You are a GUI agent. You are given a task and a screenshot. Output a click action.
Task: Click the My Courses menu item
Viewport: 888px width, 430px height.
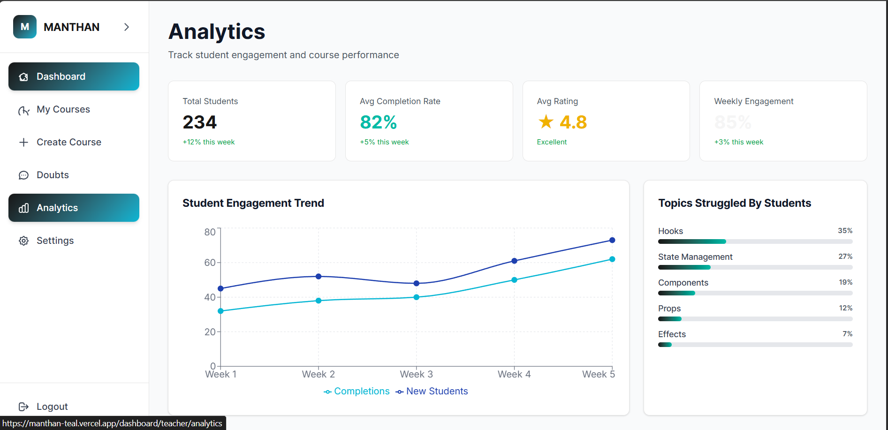pyautogui.click(x=63, y=110)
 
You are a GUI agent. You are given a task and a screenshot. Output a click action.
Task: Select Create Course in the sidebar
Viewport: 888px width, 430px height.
pyautogui.click(x=68, y=143)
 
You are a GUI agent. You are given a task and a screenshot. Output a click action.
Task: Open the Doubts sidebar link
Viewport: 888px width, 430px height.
pyautogui.click(x=53, y=175)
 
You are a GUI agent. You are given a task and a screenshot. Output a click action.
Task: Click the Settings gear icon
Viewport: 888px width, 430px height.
pyautogui.click(x=24, y=241)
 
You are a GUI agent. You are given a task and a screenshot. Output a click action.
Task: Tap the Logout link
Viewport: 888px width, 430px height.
pyautogui.click(x=52, y=407)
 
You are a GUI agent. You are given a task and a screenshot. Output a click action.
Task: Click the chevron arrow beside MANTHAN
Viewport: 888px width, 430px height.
pyautogui.click(x=127, y=27)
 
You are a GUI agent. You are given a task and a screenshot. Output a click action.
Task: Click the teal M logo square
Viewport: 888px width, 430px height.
pyautogui.click(x=25, y=27)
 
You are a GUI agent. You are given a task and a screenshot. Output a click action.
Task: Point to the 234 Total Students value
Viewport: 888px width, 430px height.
pyautogui.click(x=200, y=122)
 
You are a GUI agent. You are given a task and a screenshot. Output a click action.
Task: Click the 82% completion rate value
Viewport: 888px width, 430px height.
pyautogui.click(x=378, y=122)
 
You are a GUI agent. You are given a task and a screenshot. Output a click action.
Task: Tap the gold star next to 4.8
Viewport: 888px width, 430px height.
pyautogui.click(x=546, y=122)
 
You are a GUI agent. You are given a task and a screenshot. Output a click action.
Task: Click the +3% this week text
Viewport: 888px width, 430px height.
pyautogui.click(x=738, y=142)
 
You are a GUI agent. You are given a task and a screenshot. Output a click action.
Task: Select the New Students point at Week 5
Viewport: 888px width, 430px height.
pyautogui.click(x=612, y=240)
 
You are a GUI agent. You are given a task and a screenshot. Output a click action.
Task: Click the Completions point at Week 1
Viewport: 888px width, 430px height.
pyautogui.click(x=220, y=311)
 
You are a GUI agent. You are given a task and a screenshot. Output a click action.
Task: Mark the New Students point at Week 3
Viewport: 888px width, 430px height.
pyautogui.click(x=417, y=283)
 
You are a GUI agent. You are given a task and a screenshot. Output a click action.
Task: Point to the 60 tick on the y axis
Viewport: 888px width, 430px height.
pyautogui.click(x=210, y=263)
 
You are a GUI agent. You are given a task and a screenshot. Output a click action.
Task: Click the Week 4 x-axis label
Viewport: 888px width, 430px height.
pyautogui.click(x=514, y=374)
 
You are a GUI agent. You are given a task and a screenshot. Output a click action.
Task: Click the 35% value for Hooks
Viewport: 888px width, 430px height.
pyautogui.click(x=845, y=231)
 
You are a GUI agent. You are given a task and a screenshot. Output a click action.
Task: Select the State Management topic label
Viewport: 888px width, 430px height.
pyautogui.click(x=695, y=257)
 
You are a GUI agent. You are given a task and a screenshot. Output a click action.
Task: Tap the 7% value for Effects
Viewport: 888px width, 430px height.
pyautogui.click(x=847, y=334)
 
